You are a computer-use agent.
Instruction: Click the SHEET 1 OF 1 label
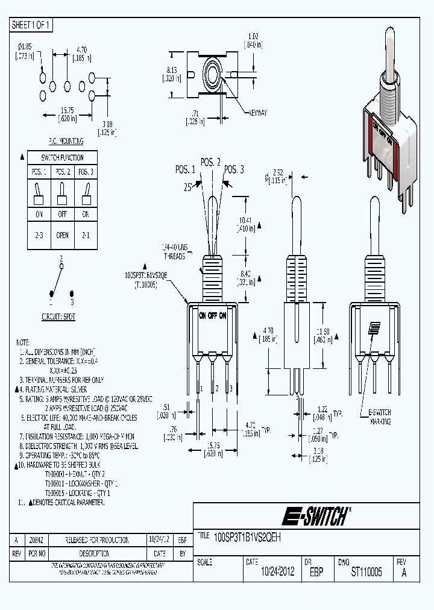coord(32,25)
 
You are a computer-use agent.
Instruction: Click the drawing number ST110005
coord(366,572)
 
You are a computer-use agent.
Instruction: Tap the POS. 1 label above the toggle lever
coord(186,169)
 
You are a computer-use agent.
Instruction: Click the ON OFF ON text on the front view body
coord(213,315)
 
